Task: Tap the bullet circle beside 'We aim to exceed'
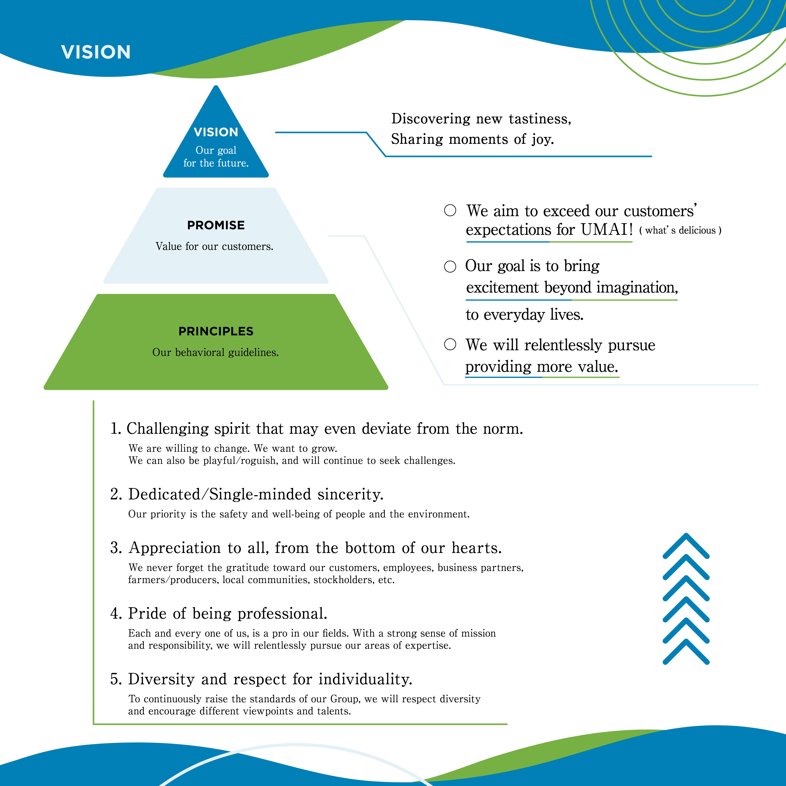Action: click(450, 210)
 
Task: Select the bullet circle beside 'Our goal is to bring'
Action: click(450, 267)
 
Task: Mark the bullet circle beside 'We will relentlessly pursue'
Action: click(450, 344)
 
